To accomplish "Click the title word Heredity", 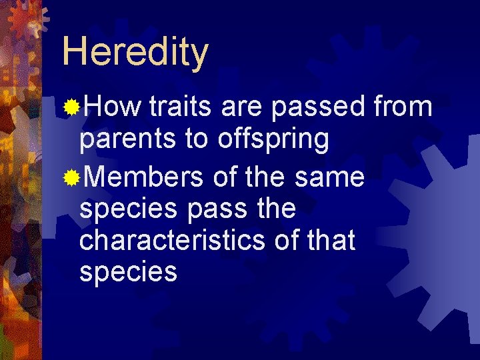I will point(135,53).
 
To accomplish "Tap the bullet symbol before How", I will point(71,107).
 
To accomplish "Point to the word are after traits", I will point(241,107).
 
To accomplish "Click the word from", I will point(403,107).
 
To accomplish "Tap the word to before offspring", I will point(197,139).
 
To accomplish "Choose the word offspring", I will point(273,139).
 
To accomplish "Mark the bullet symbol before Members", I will point(71,177).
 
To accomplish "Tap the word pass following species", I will point(216,209).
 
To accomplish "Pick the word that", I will point(327,241).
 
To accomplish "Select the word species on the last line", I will point(128,273).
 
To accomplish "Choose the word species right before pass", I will point(128,209).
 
